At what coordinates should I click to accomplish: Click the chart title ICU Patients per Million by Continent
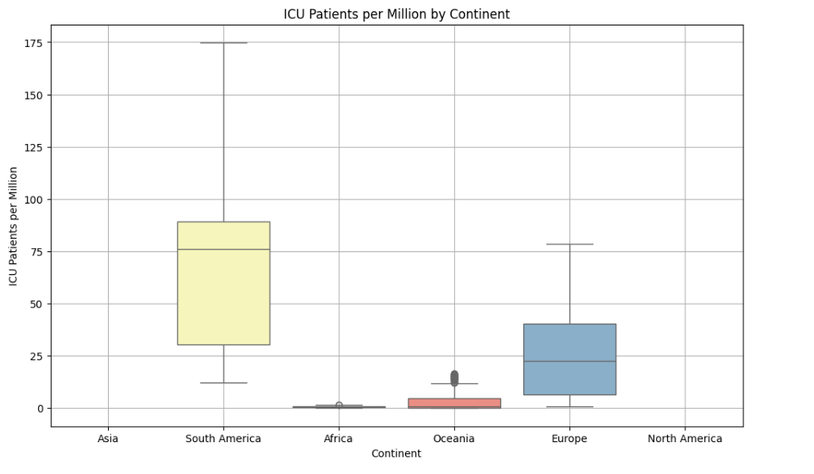pos(396,14)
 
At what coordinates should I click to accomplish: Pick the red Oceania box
pos(454,402)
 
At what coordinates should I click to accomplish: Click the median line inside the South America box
pos(223,250)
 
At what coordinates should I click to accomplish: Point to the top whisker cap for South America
pos(223,43)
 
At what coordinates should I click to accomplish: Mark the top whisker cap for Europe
pos(569,244)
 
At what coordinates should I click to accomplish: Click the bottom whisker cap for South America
pos(223,383)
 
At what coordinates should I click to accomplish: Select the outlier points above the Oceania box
pos(454,377)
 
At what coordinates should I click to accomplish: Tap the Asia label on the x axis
pos(108,438)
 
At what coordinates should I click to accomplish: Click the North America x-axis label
pos(685,438)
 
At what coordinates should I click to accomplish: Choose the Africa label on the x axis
pos(338,438)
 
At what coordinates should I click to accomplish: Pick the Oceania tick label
pos(453,438)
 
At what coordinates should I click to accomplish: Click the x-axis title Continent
pos(396,453)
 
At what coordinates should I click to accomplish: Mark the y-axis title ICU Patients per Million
pos(14,227)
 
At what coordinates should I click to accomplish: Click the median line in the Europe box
pos(569,361)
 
